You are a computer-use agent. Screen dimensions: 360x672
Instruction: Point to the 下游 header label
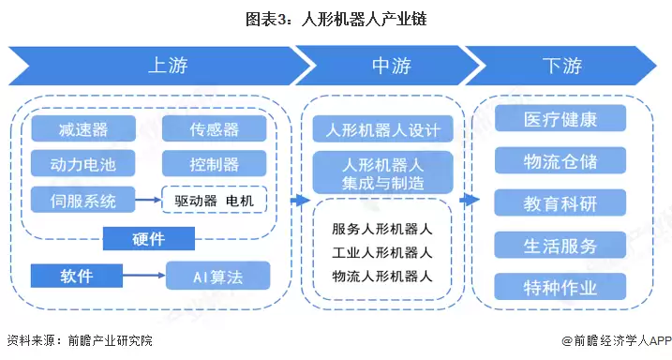pyautogui.click(x=561, y=66)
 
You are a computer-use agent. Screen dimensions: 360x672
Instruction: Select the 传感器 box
pyautogui.click(x=214, y=129)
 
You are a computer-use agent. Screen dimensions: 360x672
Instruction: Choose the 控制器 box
pyautogui.click(x=214, y=165)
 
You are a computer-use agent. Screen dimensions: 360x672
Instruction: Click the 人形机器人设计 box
pyautogui.click(x=382, y=128)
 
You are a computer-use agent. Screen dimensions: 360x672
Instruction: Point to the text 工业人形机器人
pyautogui.click(x=381, y=252)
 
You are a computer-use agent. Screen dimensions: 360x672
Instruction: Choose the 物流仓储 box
pyautogui.click(x=560, y=160)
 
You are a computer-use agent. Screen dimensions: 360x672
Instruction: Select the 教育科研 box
pyautogui.click(x=560, y=202)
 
